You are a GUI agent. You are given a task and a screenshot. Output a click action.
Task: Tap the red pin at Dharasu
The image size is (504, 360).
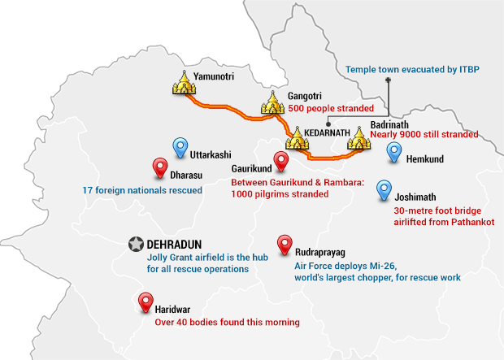pos(160,168)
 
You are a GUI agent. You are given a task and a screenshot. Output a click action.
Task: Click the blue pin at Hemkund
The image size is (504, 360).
pos(394,153)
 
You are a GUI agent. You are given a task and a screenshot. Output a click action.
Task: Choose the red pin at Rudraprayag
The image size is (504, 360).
pos(285,244)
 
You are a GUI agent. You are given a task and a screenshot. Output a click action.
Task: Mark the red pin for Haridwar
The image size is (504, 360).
pos(145,304)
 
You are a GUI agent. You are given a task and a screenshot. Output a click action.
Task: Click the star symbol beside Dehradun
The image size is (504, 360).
pos(136,244)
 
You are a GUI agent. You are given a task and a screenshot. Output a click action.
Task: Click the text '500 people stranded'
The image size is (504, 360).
pos(331,108)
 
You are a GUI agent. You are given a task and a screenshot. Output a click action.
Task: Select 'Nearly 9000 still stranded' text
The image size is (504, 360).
pos(424,134)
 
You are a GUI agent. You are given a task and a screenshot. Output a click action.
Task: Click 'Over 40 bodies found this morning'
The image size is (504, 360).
pos(227,322)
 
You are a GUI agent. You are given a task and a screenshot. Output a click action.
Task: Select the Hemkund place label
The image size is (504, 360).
pos(425,159)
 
